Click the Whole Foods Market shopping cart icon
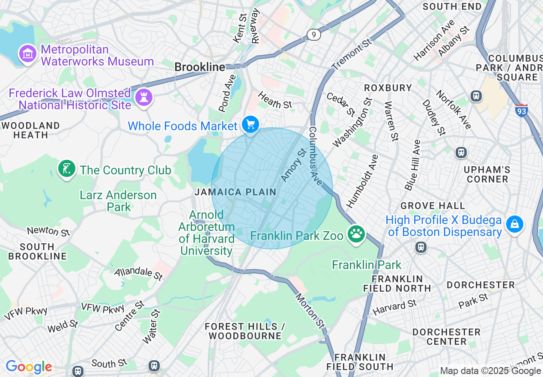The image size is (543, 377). click(x=251, y=125)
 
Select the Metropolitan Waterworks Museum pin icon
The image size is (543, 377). click(x=27, y=54)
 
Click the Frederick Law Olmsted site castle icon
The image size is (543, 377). click(x=143, y=98)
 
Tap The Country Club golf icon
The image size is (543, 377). click(x=66, y=169)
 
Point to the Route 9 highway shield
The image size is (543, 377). click(x=314, y=35)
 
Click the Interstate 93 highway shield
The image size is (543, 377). click(x=521, y=110)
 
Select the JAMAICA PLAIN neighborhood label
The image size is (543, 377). click(x=235, y=192)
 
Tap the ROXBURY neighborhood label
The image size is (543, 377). click(x=388, y=88)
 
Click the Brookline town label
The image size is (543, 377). click(x=200, y=67)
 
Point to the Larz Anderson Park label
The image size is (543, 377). click(x=118, y=201)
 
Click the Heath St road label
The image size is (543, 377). click(x=275, y=101)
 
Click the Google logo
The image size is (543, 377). click(x=29, y=367)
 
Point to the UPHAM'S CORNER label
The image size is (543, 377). click(x=487, y=174)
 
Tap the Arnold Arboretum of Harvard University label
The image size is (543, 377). click(x=207, y=233)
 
